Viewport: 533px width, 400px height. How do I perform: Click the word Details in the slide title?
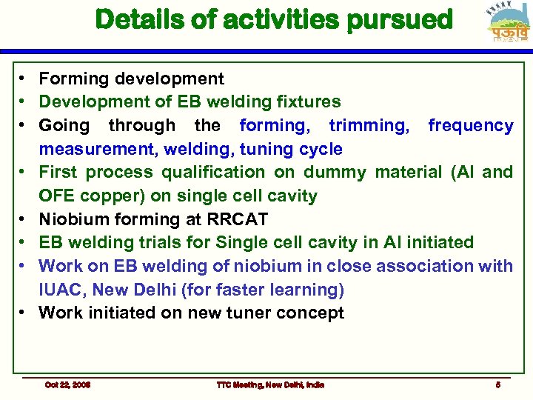click(140, 20)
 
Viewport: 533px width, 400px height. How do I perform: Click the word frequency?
click(470, 126)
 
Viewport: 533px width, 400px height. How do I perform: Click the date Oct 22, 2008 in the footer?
click(67, 384)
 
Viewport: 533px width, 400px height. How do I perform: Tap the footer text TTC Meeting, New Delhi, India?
click(269, 384)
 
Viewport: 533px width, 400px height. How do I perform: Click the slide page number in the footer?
click(498, 384)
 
